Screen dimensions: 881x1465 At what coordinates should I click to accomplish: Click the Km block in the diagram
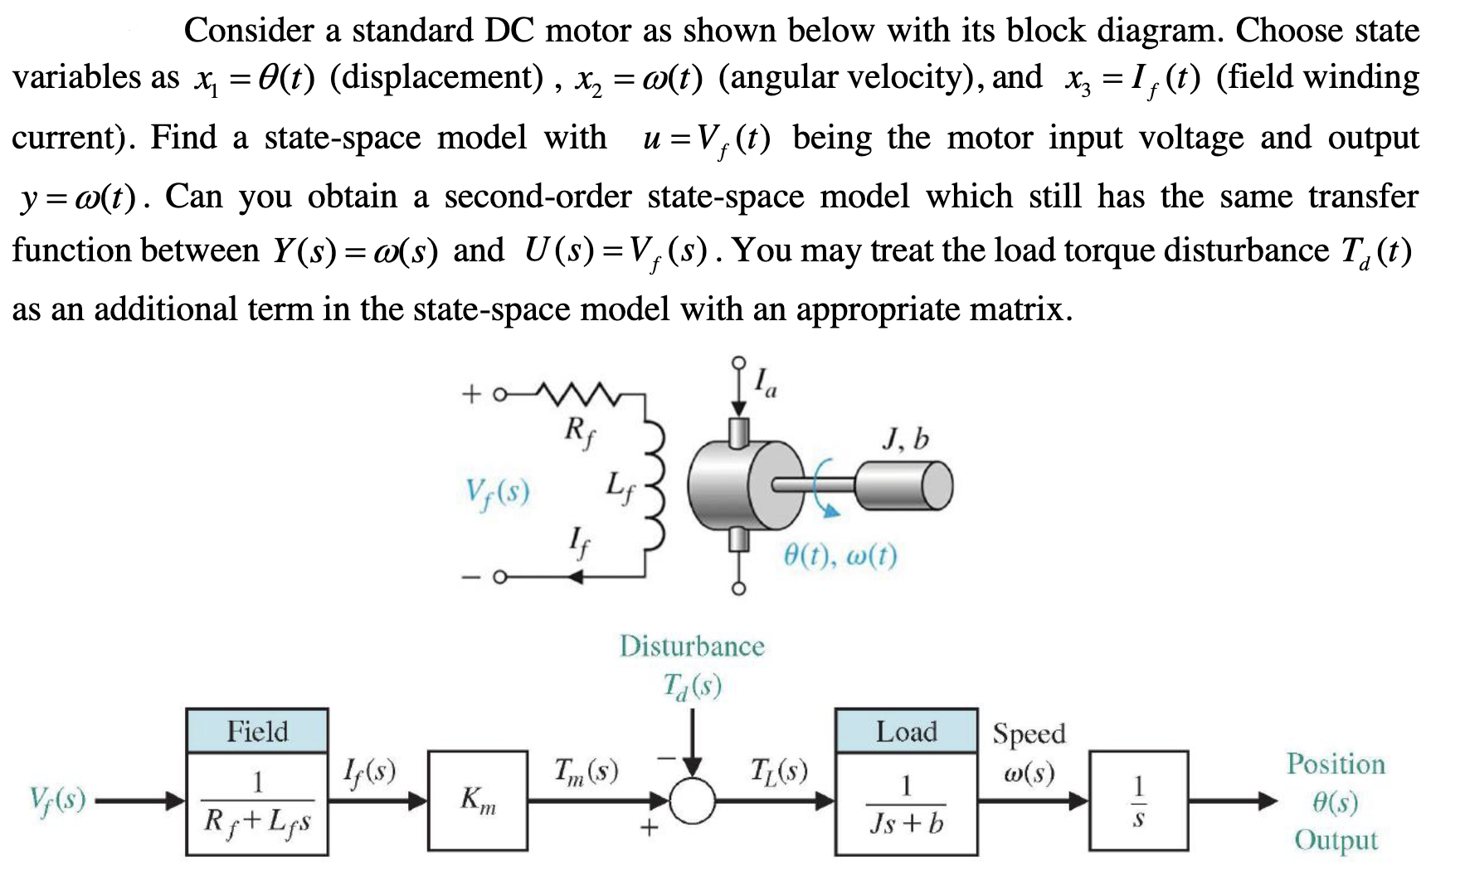pyautogui.click(x=478, y=801)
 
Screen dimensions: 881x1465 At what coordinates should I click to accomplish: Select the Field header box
pyautogui.click(x=257, y=731)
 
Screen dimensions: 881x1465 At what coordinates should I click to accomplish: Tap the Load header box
pyautogui.click(x=906, y=731)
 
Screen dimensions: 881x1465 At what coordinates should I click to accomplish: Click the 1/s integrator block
pyautogui.click(x=1138, y=801)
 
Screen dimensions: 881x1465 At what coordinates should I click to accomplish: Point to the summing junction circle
pyautogui.click(x=692, y=801)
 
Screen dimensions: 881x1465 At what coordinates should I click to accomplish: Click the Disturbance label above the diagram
pyautogui.click(x=692, y=646)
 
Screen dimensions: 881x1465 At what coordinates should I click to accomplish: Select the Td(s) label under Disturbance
pyautogui.click(x=692, y=686)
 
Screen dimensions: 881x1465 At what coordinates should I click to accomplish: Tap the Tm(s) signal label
pyautogui.click(x=586, y=771)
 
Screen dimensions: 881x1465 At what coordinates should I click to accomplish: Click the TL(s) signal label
pyautogui.click(x=780, y=771)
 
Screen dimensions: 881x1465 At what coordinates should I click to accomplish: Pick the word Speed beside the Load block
pyautogui.click(x=1029, y=733)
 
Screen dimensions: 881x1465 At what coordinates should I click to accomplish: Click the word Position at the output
pyautogui.click(x=1336, y=764)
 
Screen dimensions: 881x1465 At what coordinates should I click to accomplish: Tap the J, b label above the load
pyautogui.click(x=905, y=439)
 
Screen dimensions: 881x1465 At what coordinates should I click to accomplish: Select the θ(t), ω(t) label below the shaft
pyautogui.click(x=840, y=555)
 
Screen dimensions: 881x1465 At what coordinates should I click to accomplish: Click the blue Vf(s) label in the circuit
pyautogui.click(x=497, y=492)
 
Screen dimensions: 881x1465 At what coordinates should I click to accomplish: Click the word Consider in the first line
pyautogui.click(x=248, y=31)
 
